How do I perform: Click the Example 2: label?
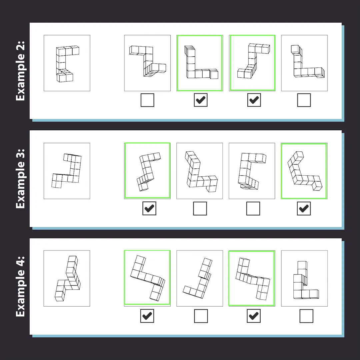[20, 71]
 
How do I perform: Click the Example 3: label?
[20, 179]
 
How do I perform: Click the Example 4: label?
[20, 286]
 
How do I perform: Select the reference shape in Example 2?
[67, 63]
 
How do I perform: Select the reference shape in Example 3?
[67, 171]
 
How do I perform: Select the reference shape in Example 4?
[67, 278]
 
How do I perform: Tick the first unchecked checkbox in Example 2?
[147, 100]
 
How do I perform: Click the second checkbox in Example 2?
[201, 100]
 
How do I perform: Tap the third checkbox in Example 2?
[254, 100]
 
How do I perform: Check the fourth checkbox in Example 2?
[304, 100]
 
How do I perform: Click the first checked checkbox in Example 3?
[149, 208]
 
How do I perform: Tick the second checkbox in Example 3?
[200, 208]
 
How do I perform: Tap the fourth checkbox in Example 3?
[304, 208]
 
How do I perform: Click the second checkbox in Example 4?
[201, 316]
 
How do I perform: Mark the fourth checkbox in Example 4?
[307, 316]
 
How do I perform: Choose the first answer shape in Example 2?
[147, 63]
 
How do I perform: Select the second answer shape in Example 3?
[200, 171]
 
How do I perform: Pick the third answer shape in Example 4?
[252, 278]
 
